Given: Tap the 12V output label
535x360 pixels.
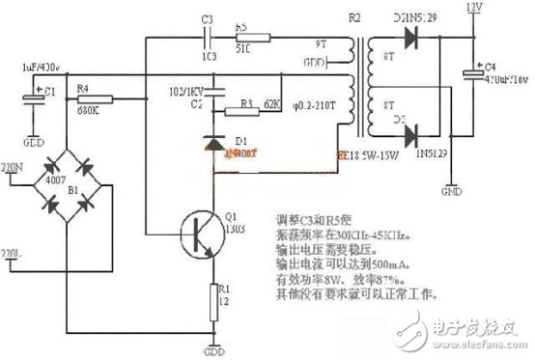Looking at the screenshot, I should point(473,8).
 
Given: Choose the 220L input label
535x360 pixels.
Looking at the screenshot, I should point(13,255).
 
